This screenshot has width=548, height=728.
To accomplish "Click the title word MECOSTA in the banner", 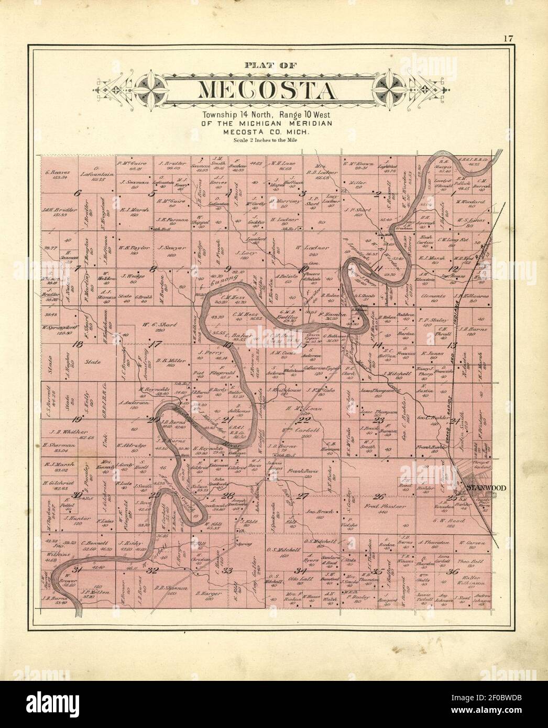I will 267,90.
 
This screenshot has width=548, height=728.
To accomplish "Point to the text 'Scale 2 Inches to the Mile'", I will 267,140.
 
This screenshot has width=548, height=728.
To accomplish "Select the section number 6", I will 78,193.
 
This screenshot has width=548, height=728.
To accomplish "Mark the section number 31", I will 78,570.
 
